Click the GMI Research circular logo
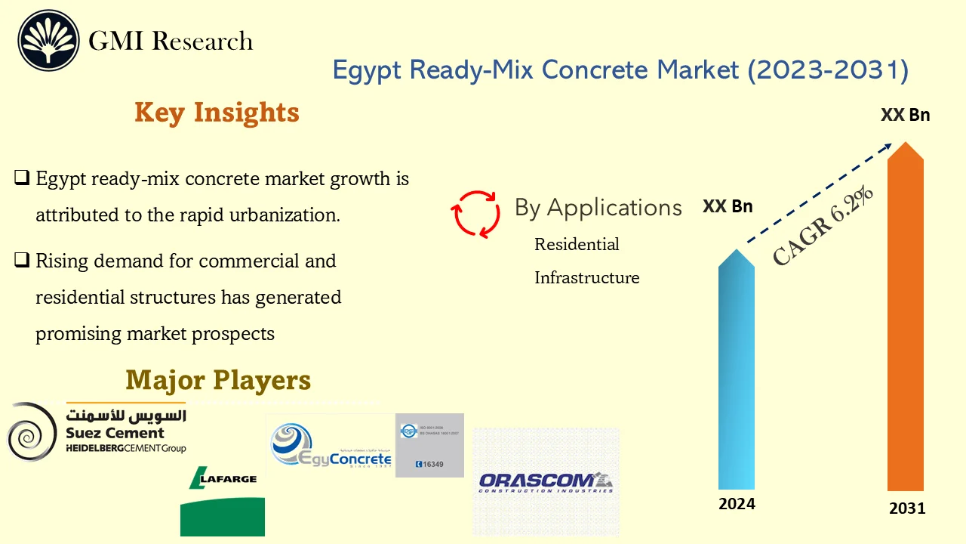click(x=49, y=41)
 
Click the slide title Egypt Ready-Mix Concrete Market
click(x=620, y=70)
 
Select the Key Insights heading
click(x=217, y=113)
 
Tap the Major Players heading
click(x=218, y=380)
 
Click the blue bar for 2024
click(x=736, y=370)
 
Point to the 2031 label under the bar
click(x=906, y=508)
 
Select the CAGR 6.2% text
click(x=823, y=226)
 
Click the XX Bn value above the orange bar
click(x=905, y=116)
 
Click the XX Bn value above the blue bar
click(x=728, y=206)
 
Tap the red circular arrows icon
click(x=475, y=213)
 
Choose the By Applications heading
click(x=598, y=208)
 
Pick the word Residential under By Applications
click(x=577, y=245)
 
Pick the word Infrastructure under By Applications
click(x=586, y=278)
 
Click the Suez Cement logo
click(x=97, y=432)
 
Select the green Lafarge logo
click(x=223, y=499)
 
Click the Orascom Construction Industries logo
click(x=546, y=482)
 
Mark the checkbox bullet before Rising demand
click(x=22, y=261)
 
